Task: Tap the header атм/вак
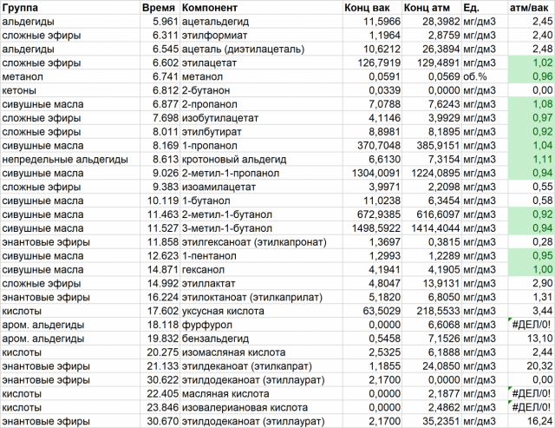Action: point(529,7)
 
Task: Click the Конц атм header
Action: point(428,7)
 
